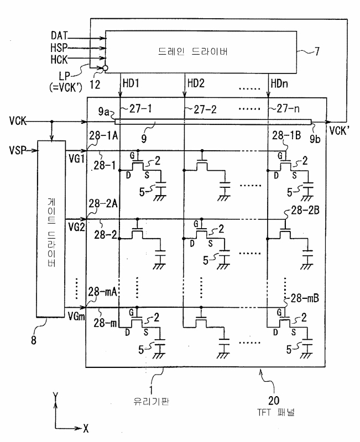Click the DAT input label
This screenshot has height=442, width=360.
(59, 35)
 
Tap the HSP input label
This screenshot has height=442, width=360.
(59, 48)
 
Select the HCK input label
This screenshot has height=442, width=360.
(59, 59)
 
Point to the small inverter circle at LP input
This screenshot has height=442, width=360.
(105, 68)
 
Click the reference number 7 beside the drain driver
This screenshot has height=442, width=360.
(317, 51)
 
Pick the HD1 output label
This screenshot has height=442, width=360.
(131, 83)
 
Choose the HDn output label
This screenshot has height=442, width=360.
(279, 83)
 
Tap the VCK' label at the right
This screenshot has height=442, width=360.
(340, 130)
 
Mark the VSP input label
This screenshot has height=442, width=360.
(18, 150)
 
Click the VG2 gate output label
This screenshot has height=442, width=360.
(76, 227)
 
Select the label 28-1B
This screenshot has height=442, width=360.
(286, 135)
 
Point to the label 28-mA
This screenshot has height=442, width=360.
(102, 292)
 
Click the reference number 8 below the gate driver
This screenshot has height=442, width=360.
(34, 340)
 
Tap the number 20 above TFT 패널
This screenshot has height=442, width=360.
(274, 400)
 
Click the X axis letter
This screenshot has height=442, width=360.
(86, 429)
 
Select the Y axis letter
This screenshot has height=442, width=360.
(56, 396)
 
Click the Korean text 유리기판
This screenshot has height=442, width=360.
(152, 402)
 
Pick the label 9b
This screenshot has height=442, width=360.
(315, 139)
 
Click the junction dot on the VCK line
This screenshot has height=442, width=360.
(51, 122)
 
